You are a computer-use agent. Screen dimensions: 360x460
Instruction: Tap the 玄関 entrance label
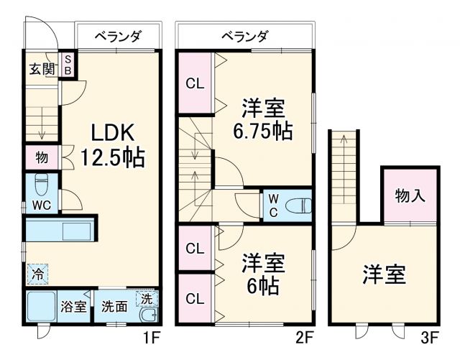(x=42, y=70)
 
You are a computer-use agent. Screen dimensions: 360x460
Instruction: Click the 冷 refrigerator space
(x=38, y=274)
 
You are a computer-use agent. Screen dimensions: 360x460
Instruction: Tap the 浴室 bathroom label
(x=73, y=306)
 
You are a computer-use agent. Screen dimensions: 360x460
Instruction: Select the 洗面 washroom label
(x=114, y=306)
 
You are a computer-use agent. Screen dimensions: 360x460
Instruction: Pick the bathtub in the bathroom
(x=41, y=307)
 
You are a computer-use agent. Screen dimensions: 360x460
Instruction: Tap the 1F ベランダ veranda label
(x=118, y=35)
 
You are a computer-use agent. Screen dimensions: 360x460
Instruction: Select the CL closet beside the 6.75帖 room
(x=195, y=83)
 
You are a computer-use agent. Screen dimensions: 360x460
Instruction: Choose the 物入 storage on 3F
(x=409, y=193)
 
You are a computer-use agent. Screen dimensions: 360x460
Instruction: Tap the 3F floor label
(x=429, y=335)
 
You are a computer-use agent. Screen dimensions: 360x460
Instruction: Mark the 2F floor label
(x=305, y=335)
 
